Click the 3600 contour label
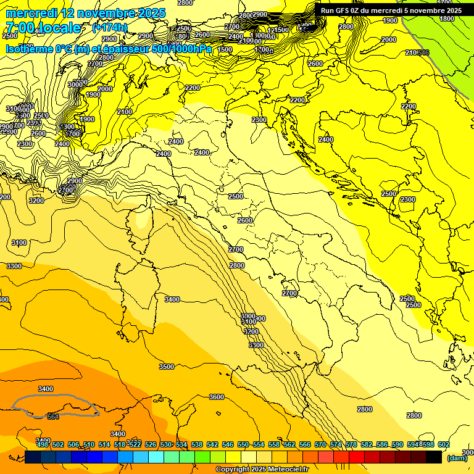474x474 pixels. click(x=216, y=397)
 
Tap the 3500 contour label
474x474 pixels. click(x=167, y=367)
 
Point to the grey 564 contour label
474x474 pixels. click(x=53, y=417)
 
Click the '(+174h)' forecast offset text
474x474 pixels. click(x=110, y=28)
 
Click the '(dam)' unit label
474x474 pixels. click(x=457, y=459)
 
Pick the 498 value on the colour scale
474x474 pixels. click(x=43, y=444)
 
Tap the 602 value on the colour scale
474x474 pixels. click(x=443, y=444)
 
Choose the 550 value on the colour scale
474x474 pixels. click(x=243, y=444)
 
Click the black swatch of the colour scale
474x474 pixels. click(x=434, y=457)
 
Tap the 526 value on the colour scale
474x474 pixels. click(x=151, y=444)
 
